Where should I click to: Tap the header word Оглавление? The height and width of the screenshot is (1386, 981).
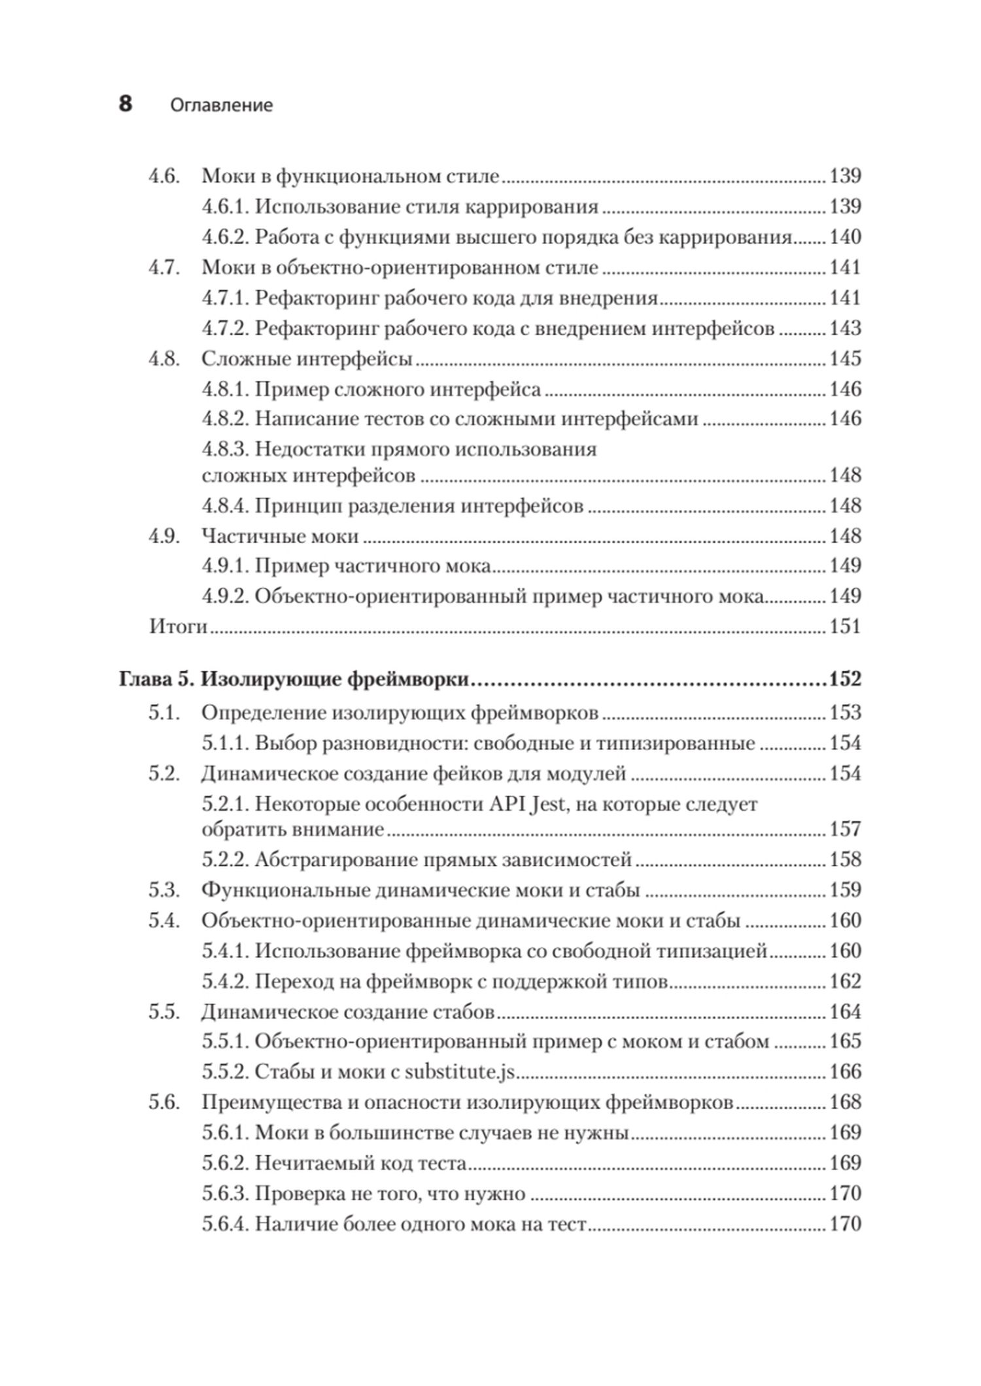pos(221,105)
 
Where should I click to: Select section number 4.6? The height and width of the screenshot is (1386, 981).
pos(164,176)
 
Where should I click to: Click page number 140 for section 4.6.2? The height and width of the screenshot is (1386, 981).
pos(845,237)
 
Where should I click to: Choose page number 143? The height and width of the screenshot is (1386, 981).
pos(845,328)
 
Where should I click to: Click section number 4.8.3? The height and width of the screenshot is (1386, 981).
pos(225,450)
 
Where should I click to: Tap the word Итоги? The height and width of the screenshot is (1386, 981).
pos(178,626)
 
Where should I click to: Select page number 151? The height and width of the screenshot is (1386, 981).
pos(845,626)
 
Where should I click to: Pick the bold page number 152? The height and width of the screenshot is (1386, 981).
pos(845,679)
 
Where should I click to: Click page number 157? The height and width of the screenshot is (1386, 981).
pos(845,829)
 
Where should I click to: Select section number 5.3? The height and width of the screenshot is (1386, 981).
pos(164,890)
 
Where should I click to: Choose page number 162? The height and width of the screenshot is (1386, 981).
pos(845,981)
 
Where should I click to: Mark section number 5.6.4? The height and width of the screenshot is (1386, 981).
pos(225,1224)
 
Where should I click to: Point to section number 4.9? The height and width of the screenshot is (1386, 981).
pos(164,536)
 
